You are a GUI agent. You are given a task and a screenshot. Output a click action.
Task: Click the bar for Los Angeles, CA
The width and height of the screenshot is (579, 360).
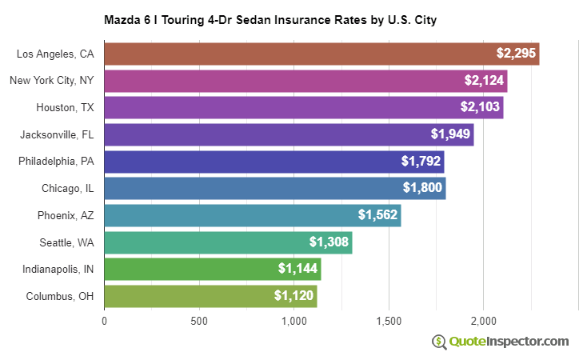pyautogui.click(x=321, y=54)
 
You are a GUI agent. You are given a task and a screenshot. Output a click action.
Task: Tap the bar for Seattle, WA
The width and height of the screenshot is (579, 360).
pyautogui.click(x=228, y=242)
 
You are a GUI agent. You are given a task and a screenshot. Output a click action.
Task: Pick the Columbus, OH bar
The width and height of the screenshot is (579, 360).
pyautogui.click(x=210, y=296)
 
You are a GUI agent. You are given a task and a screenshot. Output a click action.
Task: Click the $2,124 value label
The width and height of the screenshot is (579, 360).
pyautogui.click(x=484, y=81)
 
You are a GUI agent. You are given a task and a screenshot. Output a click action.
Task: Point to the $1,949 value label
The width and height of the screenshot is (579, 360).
pyautogui.click(x=450, y=134)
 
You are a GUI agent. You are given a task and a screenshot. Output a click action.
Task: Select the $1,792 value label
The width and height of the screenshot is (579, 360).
pyautogui.click(x=421, y=162)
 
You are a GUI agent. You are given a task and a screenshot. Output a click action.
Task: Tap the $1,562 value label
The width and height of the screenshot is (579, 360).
pyautogui.click(x=377, y=215)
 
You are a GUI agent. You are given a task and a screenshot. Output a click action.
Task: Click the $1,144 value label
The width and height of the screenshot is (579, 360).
pyautogui.click(x=297, y=269)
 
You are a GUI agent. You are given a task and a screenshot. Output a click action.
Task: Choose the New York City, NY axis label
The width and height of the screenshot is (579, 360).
pyautogui.click(x=52, y=81)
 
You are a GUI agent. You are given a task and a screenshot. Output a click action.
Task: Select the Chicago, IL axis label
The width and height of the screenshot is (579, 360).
pyautogui.click(x=68, y=189)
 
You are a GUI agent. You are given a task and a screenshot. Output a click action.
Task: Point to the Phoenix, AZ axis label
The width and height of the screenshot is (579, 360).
pyautogui.click(x=66, y=215)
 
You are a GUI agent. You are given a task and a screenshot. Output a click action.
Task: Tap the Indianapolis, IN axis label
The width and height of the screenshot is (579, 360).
pyautogui.click(x=58, y=269)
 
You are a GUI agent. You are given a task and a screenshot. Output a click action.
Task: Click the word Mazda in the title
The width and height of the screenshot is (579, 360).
pyautogui.click(x=121, y=18)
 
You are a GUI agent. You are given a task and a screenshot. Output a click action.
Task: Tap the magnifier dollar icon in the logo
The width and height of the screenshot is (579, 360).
pyautogui.click(x=439, y=342)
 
